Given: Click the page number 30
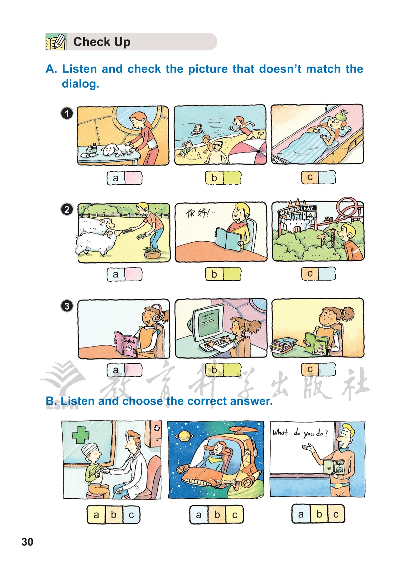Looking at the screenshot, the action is pos(27,542).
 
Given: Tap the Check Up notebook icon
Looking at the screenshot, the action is pos(56,41).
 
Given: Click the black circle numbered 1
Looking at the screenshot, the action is pos(67,113).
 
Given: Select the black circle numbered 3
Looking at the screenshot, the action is pos(67,306).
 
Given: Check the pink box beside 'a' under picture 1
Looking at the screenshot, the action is pos(133,178).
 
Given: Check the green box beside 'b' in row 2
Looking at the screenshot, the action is pos(232,274).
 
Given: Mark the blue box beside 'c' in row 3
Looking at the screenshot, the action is pos(327,369).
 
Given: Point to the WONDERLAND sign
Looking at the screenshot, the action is pos(297,211).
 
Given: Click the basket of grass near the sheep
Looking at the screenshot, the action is pos(152,253).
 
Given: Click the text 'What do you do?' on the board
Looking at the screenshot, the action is pos(300,433).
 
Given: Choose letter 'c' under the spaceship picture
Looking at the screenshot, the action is pos(235,515).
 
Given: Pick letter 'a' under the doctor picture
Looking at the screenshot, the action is pos(96,515).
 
